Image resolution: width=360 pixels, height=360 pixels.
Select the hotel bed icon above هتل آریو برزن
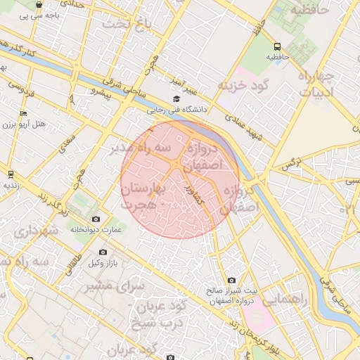pyautogui.click(x=24, y=113)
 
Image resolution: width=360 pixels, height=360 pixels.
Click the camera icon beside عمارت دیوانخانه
pyautogui.click(x=96, y=219)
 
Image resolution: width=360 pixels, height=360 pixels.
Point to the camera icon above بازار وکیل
pyautogui.click(x=103, y=252)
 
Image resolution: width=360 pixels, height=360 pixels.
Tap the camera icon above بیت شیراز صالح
pyautogui.click(x=231, y=280)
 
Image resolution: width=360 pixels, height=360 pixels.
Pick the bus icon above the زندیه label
pyautogui.click(x=11, y=174)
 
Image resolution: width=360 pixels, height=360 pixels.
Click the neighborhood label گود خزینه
pyautogui.click(x=244, y=85)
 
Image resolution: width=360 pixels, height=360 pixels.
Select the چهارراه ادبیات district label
pyautogui.click(x=319, y=84)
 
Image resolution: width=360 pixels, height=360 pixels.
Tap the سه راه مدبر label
pyautogui.click(x=140, y=148)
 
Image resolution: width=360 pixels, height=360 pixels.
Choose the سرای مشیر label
pyautogui.click(x=115, y=287)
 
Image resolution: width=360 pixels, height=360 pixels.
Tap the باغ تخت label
pyautogui.click(x=127, y=25)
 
